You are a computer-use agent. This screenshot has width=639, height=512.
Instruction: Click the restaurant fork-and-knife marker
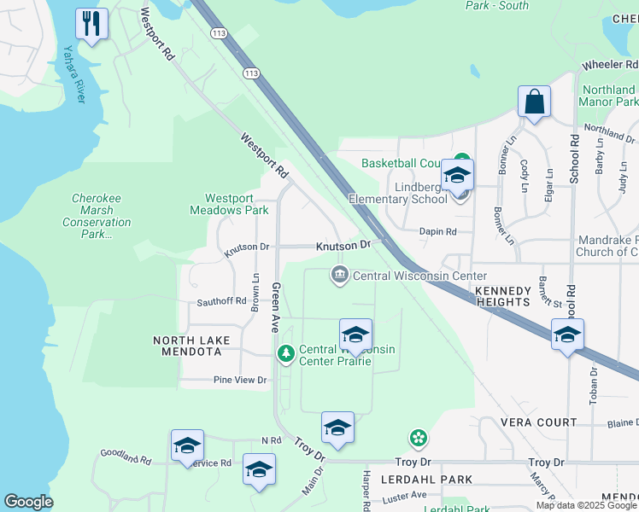point(92,23)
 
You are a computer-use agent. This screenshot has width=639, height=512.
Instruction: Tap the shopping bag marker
point(534,102)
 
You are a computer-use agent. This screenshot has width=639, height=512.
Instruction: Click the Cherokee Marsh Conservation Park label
point(97,217)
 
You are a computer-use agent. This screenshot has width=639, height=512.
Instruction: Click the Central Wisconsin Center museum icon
point(340,275)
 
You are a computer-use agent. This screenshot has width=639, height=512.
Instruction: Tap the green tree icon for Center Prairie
point(285,352)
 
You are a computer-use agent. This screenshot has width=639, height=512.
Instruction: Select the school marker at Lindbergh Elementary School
point(457,177)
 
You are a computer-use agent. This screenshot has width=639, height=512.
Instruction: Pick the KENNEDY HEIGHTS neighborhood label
point(502,296)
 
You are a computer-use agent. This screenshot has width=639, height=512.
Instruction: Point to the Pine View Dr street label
point(240,380)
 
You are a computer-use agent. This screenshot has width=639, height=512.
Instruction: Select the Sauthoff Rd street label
point(221,301)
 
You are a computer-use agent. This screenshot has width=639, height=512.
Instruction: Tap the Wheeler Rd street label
point(610,66)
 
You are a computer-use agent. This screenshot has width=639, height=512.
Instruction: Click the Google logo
point(28,502)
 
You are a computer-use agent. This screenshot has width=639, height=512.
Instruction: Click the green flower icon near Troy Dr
point(418,439)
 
